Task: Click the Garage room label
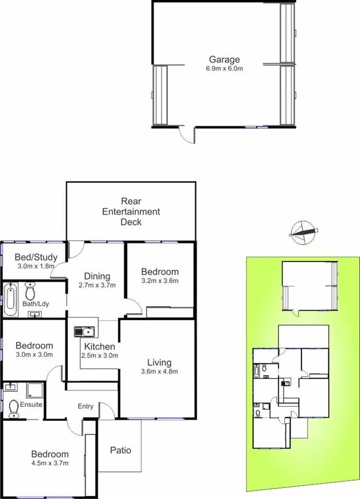(224, 59)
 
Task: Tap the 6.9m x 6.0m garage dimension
(224, 69)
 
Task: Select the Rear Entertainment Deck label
(131, 211)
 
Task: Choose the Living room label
(159, 362)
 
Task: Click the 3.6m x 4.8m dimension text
(159, 371)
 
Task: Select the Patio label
(120, 450)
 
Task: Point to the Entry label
(85, 406)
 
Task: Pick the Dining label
(97, 276)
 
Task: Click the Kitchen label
(99, 346)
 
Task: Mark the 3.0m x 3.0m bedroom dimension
(34, 355)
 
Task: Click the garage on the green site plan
(309, 285)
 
